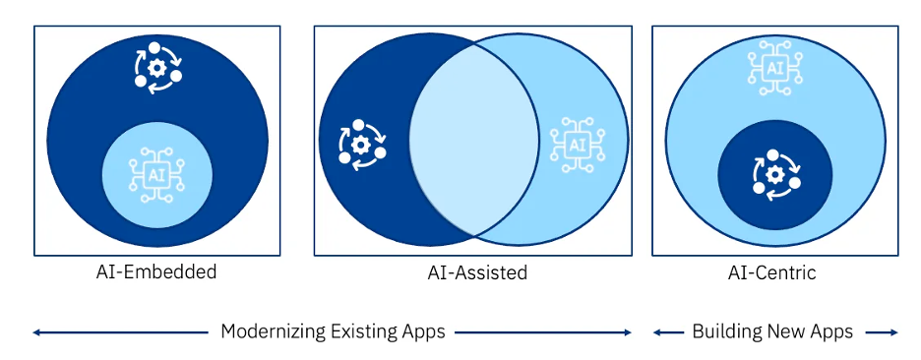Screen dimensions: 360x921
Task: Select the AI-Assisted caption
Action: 477,272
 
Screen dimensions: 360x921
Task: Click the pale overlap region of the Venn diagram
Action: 472,138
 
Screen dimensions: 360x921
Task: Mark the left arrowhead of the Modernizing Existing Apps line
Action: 36,332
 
